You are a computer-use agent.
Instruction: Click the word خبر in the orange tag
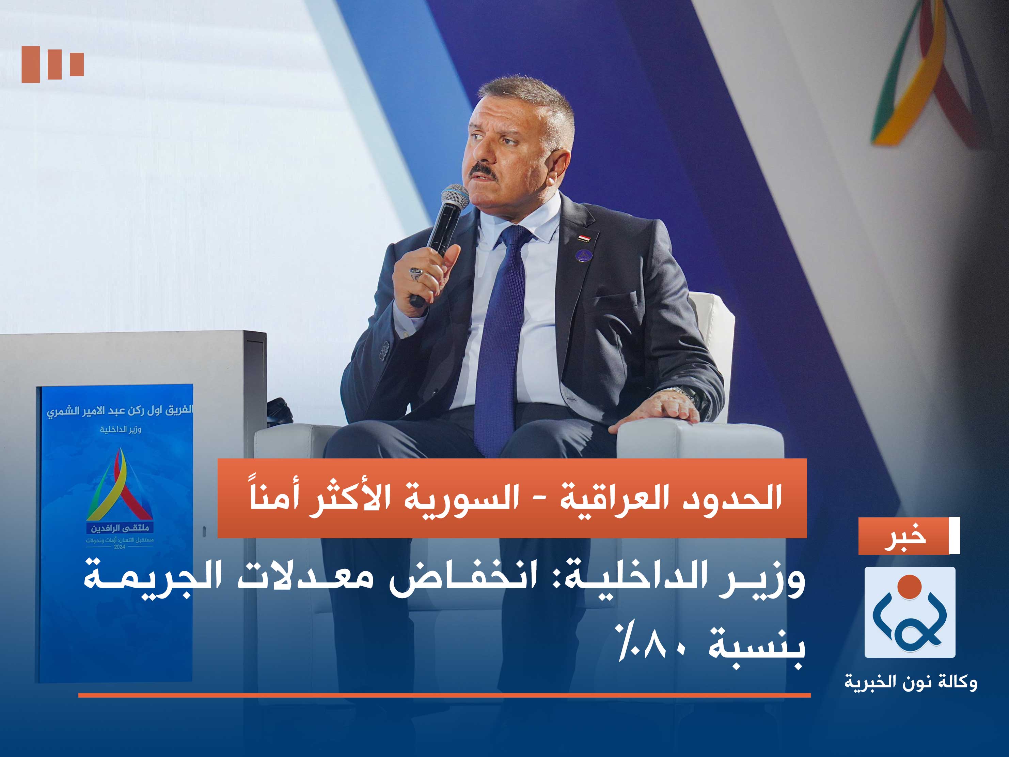pyautogui.click(x=905, y=536)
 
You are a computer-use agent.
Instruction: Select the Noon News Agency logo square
pyautogui.click(x=910, y=612)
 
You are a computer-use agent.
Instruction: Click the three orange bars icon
pyautogui.click(x=52, y=64)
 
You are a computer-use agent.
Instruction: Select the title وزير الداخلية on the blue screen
pyautogui.click(x=121, y=429)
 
